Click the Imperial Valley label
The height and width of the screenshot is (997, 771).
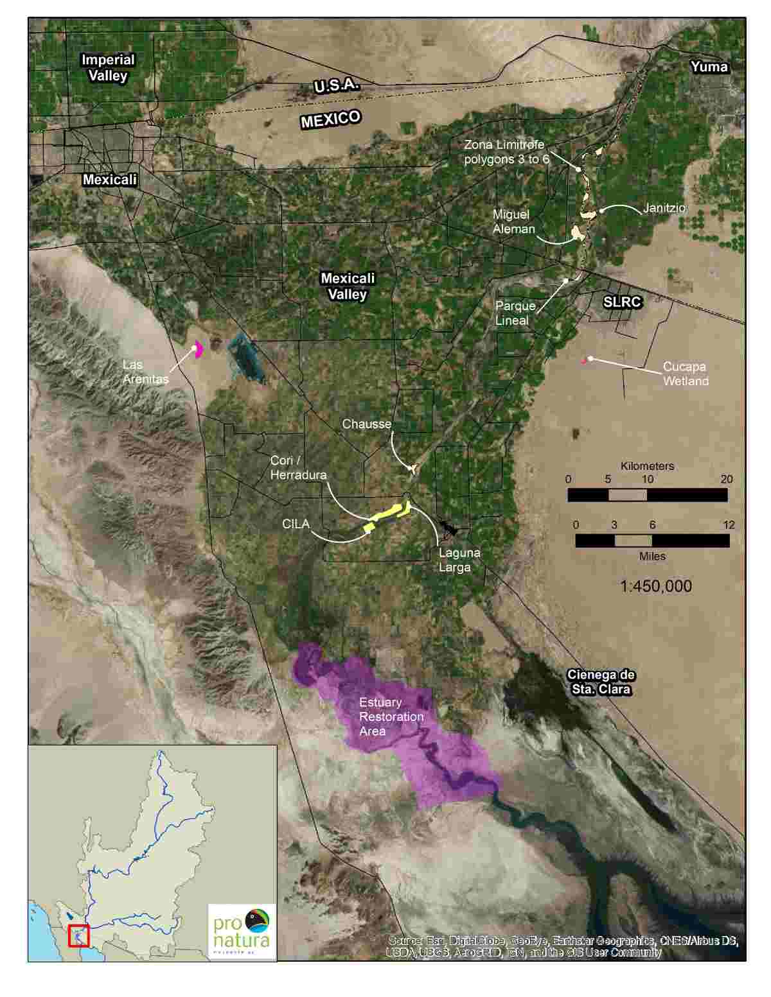coord(108,67)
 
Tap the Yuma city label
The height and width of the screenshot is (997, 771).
coord(709,67)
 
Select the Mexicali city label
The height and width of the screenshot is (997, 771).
coord(109,180)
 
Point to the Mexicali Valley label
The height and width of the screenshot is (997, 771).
coord(348,286)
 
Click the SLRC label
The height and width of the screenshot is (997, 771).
coord(622,302)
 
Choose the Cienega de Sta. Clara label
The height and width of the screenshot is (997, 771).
coord(601,682)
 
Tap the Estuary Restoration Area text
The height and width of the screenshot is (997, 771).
coord(391,716)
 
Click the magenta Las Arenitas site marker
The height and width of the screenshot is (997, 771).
coord(199,349)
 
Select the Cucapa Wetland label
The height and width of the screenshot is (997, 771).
coord(685,374)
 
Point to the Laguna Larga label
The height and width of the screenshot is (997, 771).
coord(459,560)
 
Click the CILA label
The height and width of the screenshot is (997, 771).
coord(296,524)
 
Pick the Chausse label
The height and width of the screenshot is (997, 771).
coord(366,424)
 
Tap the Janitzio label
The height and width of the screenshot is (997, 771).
coord(664,209)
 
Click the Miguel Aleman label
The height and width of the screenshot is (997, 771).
coord(513,221)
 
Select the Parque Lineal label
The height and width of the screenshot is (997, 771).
coord(515,313)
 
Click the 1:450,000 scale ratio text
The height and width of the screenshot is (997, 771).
coord(655,586)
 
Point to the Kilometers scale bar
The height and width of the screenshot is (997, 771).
coord(647,494)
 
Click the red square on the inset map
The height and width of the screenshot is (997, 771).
coord(78,935)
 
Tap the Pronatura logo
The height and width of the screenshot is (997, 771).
coord(242,932)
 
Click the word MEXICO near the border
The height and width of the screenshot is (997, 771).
coord(330,119)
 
